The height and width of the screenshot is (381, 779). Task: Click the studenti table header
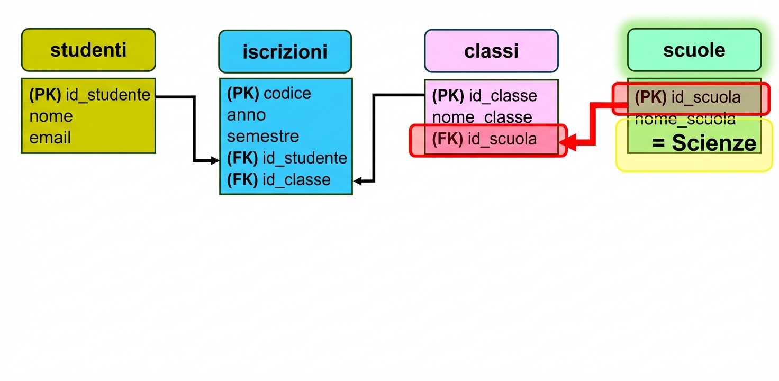88,50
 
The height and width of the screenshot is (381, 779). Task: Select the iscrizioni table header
285,51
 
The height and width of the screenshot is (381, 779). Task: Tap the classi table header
491,51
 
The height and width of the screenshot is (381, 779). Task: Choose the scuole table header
694,50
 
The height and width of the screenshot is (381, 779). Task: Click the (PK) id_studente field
89,95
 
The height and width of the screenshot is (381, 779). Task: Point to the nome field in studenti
51,116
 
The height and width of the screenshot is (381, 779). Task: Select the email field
50,138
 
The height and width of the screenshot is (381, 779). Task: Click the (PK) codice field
269,94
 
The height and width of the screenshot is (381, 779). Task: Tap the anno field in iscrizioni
247,115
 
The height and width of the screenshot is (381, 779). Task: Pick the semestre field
263,136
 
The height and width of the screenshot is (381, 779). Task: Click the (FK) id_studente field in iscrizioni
287,158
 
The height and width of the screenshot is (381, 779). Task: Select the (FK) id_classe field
279,180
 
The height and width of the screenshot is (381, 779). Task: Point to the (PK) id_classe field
484,96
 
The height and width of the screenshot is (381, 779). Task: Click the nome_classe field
482,117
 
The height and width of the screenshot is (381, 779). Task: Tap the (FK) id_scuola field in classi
484,139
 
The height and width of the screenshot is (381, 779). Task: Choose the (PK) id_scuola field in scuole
687,97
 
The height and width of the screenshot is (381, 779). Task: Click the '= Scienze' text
704,143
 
